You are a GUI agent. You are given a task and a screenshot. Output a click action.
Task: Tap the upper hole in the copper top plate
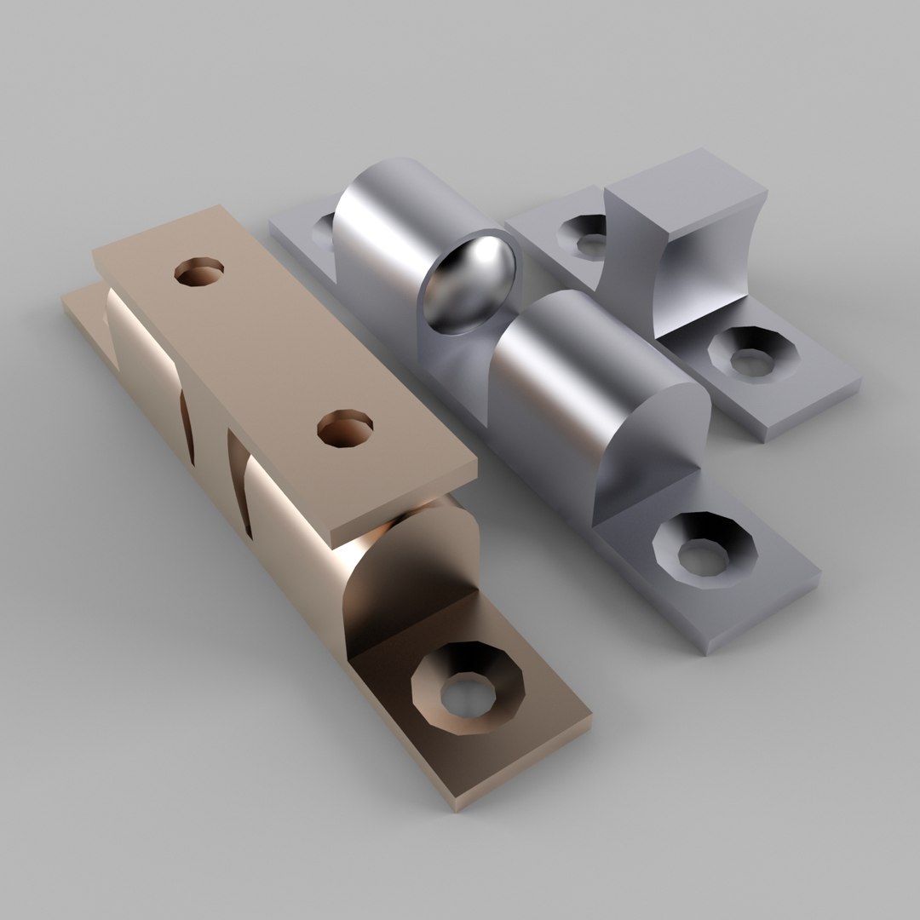(198, 272)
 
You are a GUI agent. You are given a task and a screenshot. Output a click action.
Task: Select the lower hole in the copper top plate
(344, 429)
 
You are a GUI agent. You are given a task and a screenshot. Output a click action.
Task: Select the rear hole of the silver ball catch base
(325, 228)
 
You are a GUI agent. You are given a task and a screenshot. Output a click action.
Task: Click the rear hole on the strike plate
(586, 234)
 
